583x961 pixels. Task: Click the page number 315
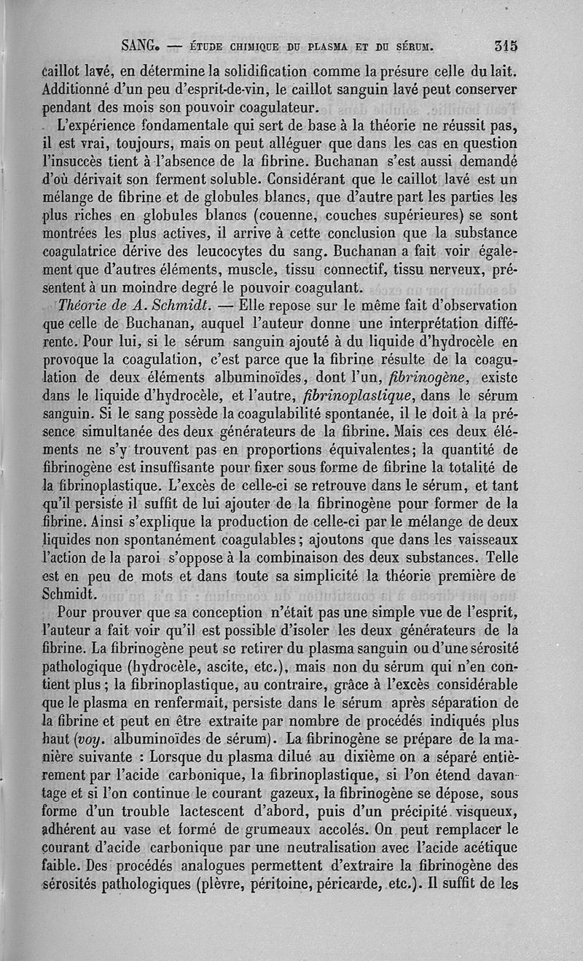[x=505, y=45]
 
